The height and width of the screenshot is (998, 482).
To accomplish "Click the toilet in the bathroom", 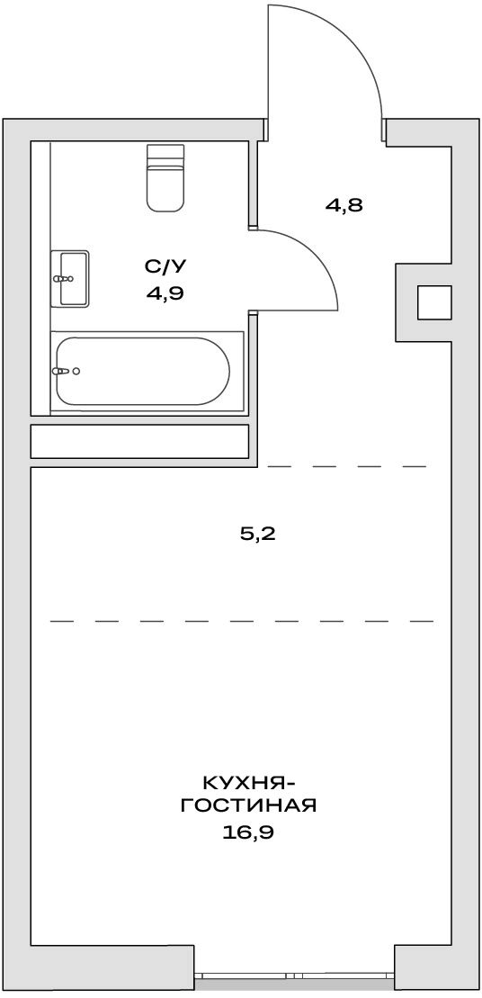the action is click(166, 177).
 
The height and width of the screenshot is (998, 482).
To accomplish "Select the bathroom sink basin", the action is click(69, 278).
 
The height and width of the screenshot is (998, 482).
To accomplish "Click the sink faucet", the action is click(64, 278).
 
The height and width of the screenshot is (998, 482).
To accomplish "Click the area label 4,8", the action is click(345, 205).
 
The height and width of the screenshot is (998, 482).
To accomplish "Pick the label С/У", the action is click(159, 266).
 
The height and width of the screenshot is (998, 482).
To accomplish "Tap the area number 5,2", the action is click(256, 534).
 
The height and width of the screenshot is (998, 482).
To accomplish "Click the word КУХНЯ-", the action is click(248, 782).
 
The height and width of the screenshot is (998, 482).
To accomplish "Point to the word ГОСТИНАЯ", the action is click(248, 806).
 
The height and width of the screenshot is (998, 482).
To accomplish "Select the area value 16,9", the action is click(248, 832).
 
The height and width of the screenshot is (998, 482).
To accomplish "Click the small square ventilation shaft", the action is click(434, 302).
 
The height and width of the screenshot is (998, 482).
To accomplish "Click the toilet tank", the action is click(166, 156).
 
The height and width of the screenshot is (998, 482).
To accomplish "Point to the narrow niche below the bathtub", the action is click(139, 441).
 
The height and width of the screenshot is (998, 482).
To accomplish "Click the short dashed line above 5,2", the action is click(346, 466).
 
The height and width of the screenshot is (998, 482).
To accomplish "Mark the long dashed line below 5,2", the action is click(242, 621).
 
